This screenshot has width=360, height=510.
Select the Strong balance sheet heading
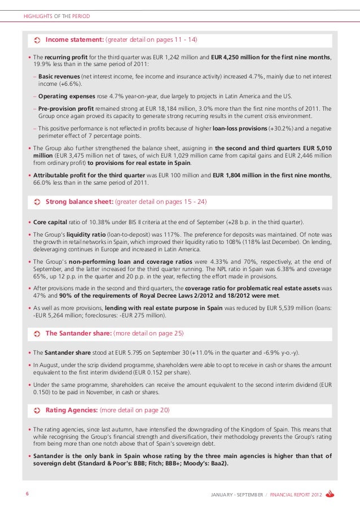[80, 201]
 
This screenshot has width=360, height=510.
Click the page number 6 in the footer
[27, 494]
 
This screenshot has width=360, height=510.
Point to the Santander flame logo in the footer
[331, 495]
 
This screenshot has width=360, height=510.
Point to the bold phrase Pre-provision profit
[68, 108]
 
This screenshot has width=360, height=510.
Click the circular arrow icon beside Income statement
[37, 41]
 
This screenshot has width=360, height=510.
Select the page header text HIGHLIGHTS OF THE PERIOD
[56, 16]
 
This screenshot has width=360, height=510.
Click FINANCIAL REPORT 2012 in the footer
[296, 495]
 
